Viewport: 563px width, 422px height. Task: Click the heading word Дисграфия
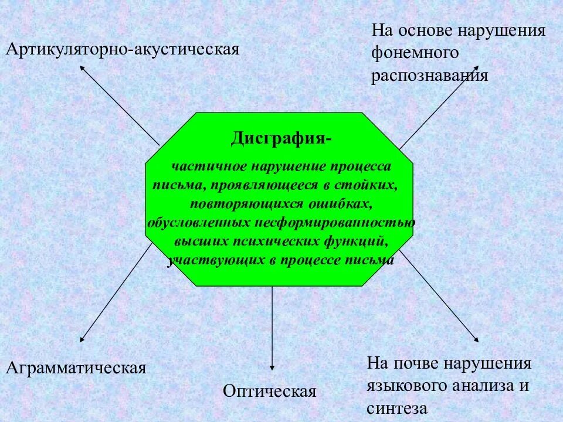279,138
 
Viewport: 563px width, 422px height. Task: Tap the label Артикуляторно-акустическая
123,49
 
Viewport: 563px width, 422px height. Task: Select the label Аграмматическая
76,368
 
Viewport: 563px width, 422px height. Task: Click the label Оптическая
270,391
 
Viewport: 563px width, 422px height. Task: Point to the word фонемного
414,53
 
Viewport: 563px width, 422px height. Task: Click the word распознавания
429,76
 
